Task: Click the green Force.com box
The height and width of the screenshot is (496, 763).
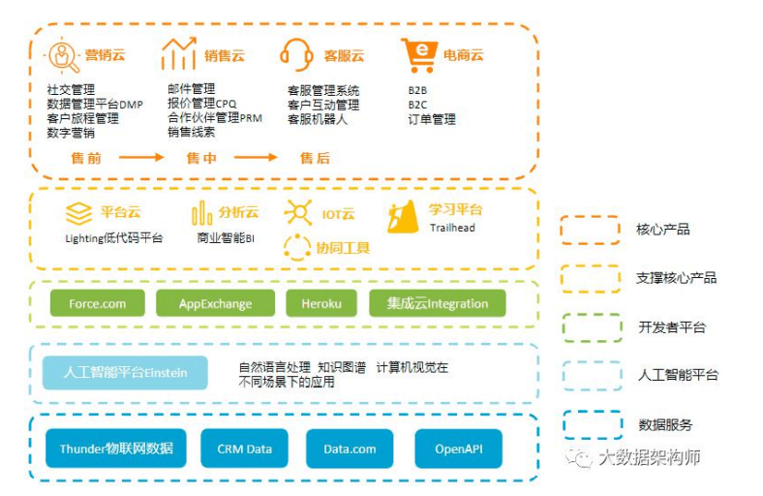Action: [x=97, y=303]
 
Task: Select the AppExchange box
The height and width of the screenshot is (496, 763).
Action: [x=215, y=303]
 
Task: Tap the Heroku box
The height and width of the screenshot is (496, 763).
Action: [x=320, y=303]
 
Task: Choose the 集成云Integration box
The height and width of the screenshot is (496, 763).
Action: [x=437, y=303]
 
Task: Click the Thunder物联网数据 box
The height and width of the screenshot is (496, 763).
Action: [x=116, y=449]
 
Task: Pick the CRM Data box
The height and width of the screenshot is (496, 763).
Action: [x=244, y=449]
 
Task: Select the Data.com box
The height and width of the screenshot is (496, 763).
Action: [x=350, y=449]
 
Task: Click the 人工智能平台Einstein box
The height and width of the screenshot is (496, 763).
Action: [x=125, y=372]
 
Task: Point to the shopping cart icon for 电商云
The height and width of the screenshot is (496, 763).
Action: [x=418, y=55]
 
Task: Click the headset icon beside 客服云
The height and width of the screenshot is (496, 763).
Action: [x=295, y=54]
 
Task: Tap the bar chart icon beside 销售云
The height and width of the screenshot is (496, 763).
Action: [x=178, y=54]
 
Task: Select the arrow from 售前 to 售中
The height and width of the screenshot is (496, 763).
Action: [x=141, y=157]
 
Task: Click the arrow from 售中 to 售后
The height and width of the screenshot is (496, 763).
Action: [x=256, y=157]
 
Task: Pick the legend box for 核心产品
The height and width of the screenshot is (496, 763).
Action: [x=590, y=230]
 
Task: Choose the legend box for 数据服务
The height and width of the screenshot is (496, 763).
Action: [x=590, y=424]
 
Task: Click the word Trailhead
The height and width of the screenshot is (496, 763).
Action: [x=451, y=228]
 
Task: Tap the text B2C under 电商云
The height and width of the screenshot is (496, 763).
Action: [x=417, y=104]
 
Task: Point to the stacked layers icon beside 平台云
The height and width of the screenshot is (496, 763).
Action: [x=78, y=213]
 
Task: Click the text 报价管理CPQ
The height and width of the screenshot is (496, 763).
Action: [x=201, y=104]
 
